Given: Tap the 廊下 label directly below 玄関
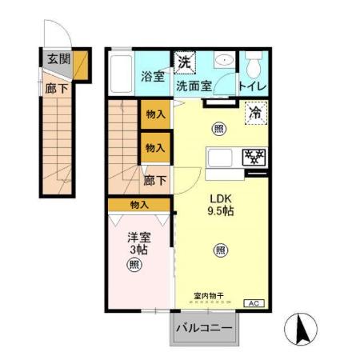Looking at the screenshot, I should tap(55, 89).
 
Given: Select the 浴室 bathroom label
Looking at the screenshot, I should tap(153, 77).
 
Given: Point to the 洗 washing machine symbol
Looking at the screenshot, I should tap(185, 61).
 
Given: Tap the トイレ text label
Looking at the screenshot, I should tap(253, 86).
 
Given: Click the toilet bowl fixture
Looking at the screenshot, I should tap(254, 63).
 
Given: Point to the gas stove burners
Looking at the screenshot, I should tap(254, 157).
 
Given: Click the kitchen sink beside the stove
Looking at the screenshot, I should tap(220, 157).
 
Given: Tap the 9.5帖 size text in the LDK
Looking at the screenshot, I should tap(220, 212).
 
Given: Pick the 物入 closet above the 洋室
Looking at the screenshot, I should tap(139, 205).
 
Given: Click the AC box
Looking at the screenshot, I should tap(252, 303).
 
